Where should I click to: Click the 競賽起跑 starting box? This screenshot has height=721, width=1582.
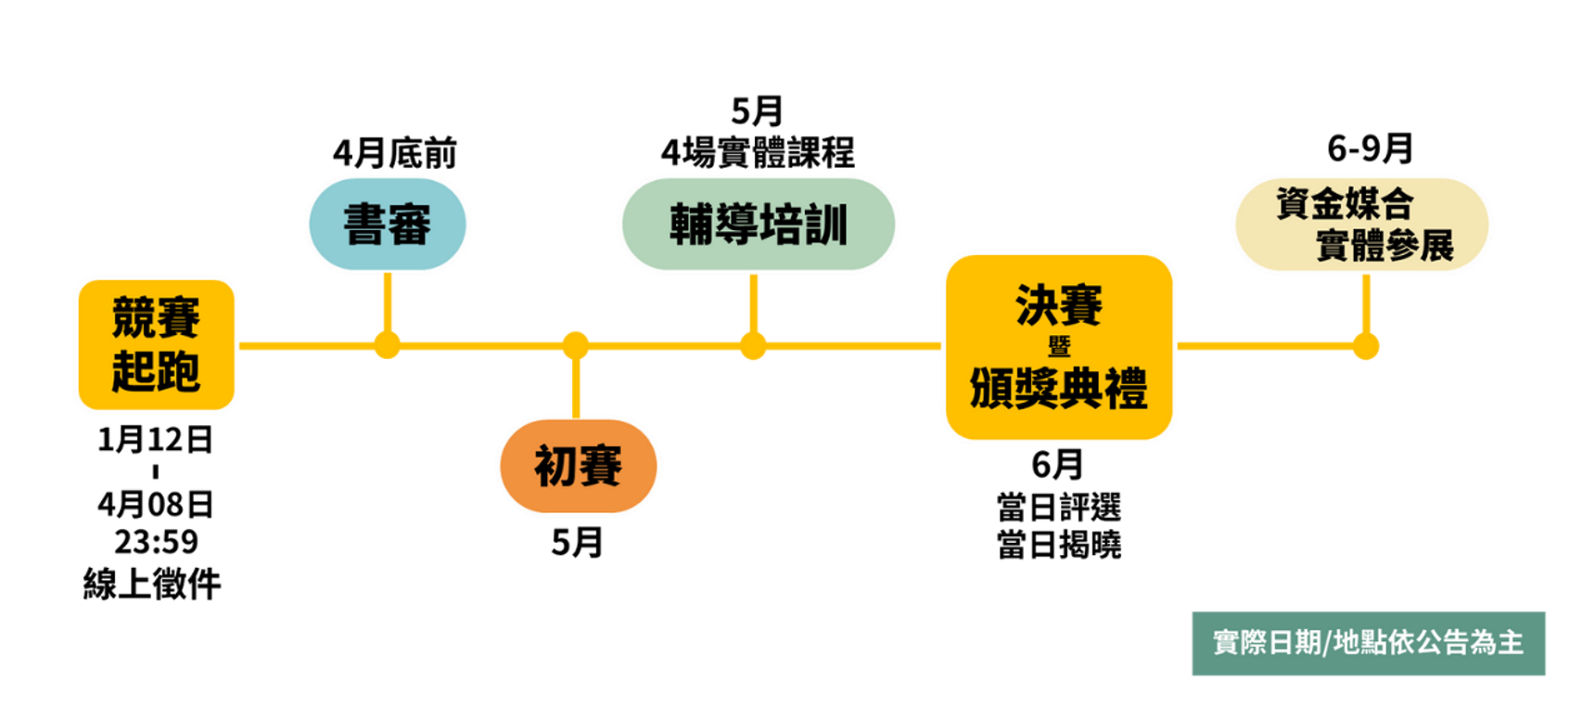156,344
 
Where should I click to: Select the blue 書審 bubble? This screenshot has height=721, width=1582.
387,224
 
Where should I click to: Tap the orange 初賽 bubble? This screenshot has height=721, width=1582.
578,466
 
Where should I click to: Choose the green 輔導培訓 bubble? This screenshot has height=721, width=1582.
758,224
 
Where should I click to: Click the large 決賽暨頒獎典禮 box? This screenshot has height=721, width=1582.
1059,346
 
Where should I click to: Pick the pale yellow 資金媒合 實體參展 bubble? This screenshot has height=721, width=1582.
1362,224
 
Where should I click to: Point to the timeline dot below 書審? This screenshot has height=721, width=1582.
387,345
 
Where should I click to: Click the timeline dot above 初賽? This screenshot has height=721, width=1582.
576,345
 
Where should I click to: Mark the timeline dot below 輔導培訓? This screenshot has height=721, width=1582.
753,346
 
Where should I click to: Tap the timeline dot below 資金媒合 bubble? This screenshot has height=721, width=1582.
1365,346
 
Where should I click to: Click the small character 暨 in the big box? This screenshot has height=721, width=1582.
1059,347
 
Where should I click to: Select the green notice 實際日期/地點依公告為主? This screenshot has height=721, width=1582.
1368,642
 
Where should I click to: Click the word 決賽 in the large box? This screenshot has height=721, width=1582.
1059,306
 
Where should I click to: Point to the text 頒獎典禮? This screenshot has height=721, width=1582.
1059,388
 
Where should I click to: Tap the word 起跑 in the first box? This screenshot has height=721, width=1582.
156,370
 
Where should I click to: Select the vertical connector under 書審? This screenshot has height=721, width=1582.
387,302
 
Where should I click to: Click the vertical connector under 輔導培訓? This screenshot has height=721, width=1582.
753,303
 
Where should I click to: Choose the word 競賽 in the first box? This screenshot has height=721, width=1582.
156,318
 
